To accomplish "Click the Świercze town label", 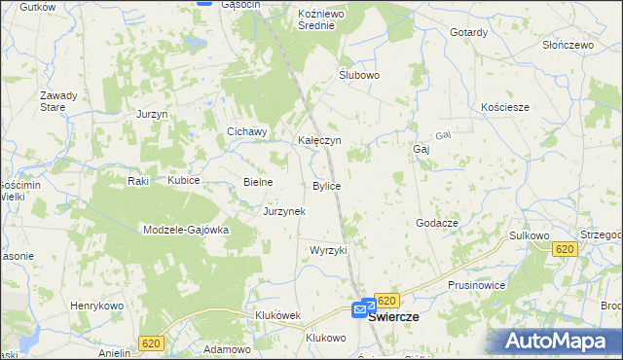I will [393, 317].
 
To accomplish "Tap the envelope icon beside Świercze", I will [359, 309].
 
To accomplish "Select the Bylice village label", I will [326, 185].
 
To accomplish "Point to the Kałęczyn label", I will [318, 140].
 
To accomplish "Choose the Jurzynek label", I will [284, 210].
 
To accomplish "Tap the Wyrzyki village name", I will [328, 250].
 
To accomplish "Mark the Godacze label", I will [437, 223].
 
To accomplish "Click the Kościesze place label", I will [505, 107].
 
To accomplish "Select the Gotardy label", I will [468, 32].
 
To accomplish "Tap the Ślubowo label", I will [358, 74].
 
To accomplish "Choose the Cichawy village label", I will [247, 132].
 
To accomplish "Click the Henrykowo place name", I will [94, 306].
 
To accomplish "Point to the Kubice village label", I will [183, 181].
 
